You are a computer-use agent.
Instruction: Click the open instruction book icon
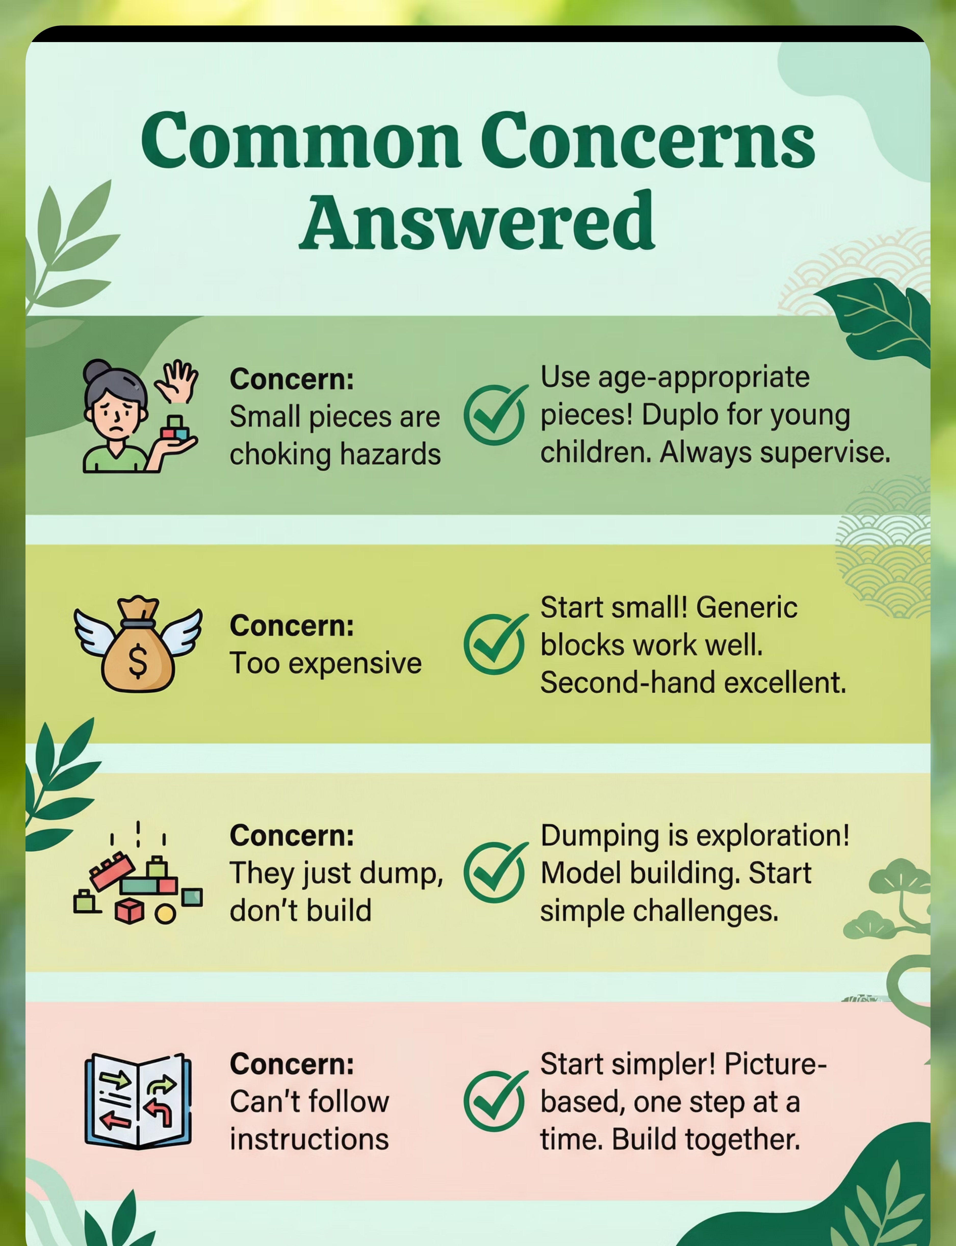(x=138, y=1101)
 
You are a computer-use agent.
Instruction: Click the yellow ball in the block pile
(x=165, y=914)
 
